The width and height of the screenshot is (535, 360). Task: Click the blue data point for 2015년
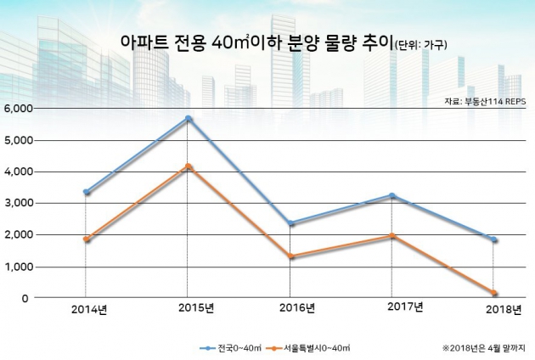pos(189,118)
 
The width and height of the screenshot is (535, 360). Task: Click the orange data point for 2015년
pos(189,166)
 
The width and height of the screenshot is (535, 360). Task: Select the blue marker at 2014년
pos(86,192)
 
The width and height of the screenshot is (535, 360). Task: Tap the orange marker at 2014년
pos(86,239)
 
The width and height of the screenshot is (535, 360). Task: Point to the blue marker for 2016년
pos(291,223)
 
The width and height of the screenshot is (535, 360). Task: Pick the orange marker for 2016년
pos(291,256)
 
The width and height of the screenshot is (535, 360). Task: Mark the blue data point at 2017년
pos(391,196)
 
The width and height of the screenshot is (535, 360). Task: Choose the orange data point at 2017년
pos(391,236)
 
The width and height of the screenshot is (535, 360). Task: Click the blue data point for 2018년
pos(494,239)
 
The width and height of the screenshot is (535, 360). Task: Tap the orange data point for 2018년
pos(494,294)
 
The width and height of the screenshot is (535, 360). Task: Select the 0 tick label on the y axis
pos(26,299)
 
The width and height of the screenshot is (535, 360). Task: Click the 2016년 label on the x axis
pos(295,308)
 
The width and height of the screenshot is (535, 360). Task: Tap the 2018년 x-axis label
pos(500,308)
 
